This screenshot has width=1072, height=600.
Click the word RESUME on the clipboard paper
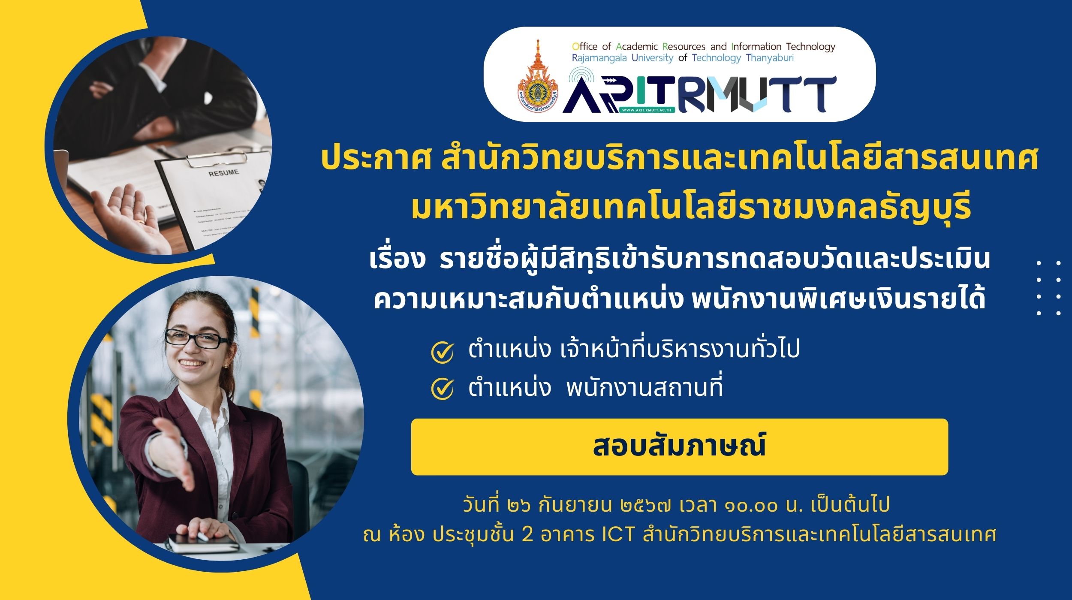(x=223, y=172)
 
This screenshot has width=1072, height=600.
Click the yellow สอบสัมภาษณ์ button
(x=679, y=446)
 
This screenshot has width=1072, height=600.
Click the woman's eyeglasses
(x=197, y=339)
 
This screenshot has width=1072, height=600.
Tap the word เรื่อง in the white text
(x=397, y=259)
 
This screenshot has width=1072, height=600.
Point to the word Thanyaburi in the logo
(x=770, y=58)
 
